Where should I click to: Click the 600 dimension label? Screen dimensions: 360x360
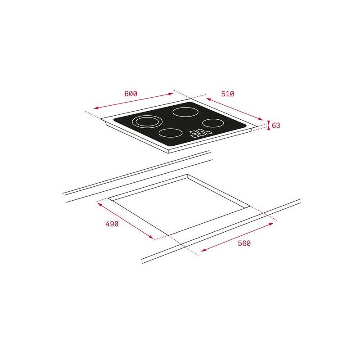130,94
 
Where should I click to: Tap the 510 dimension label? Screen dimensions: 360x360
228,94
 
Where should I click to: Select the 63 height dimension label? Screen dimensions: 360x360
276,126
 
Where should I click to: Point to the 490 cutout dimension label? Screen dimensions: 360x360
112,224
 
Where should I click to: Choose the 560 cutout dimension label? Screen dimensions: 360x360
244,243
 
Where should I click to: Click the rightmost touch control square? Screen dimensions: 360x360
208,132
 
